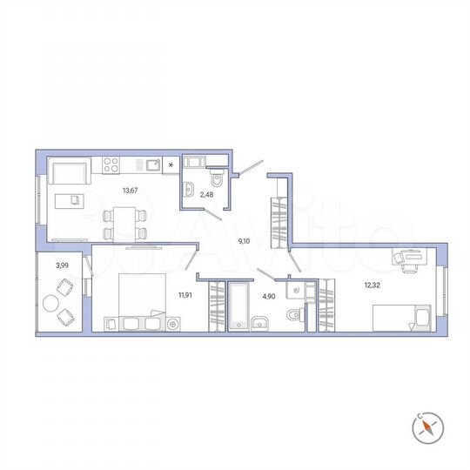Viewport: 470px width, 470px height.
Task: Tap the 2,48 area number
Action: [x=206, y=194]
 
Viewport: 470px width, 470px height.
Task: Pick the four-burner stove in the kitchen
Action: [x=112, y=163]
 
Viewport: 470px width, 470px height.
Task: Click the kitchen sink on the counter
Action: [x=151, y=163]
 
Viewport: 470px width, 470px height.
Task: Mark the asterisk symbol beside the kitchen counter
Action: [x=171, y=164]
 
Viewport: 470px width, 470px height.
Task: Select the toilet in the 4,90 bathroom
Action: [x=296, y=314]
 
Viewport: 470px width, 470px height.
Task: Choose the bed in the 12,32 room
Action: [x=401, y=318]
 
